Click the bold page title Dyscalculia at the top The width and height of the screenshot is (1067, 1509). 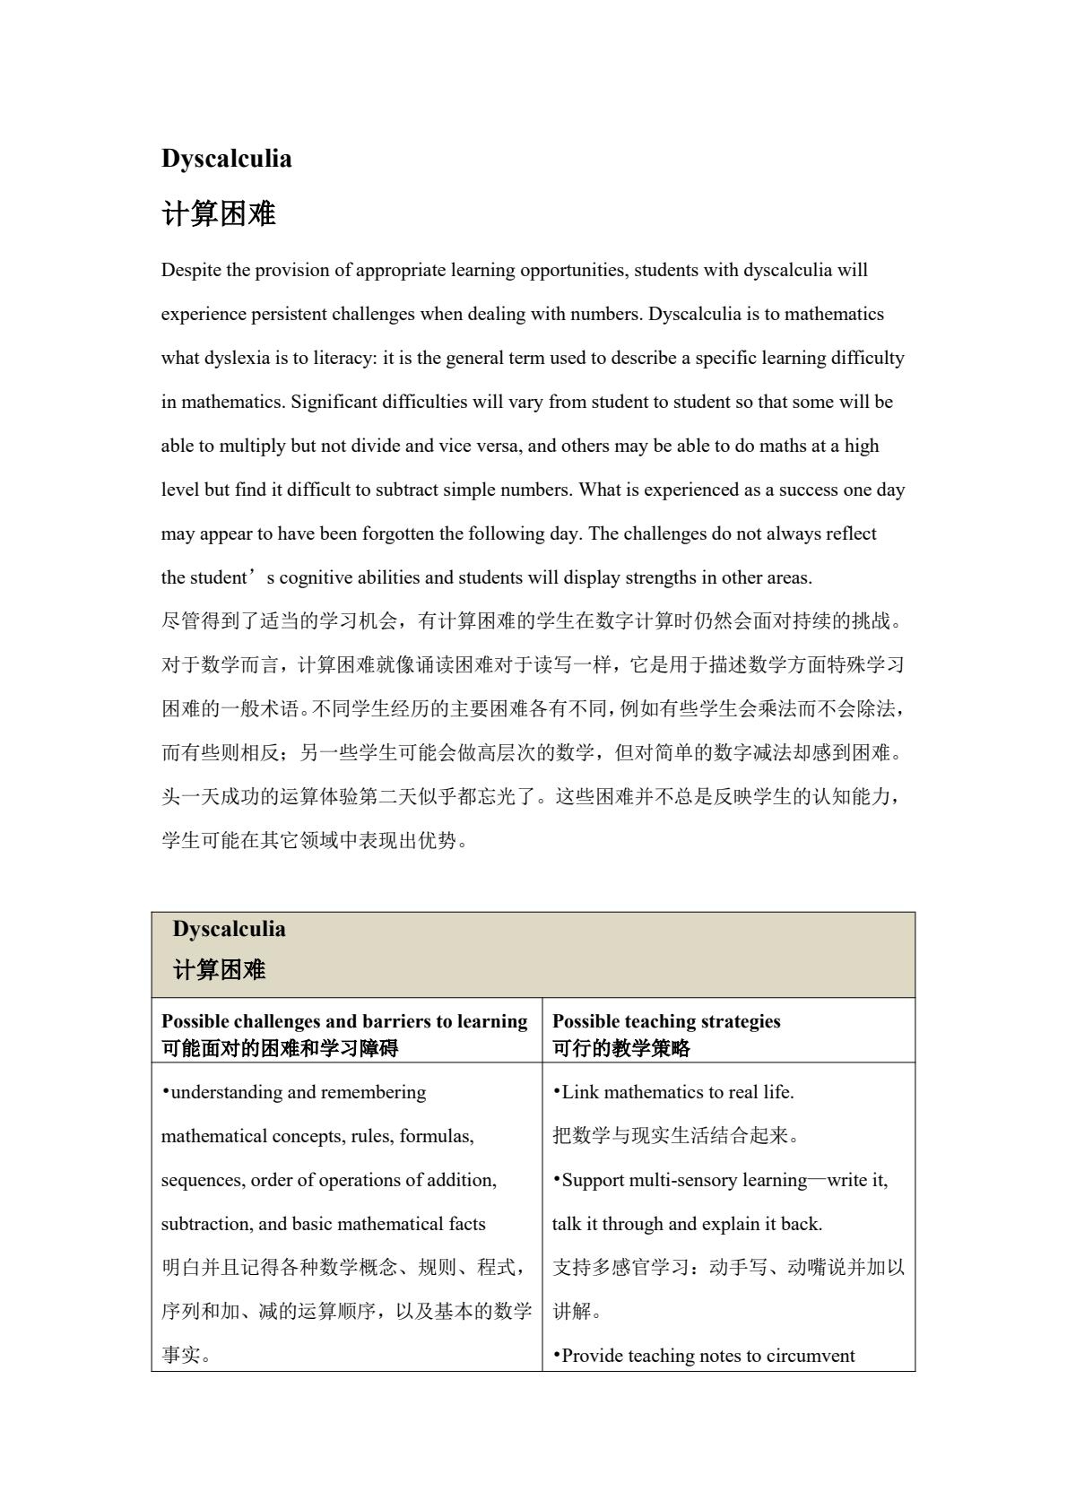pos(226,159)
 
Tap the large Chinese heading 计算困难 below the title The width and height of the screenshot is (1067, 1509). pos(218,214)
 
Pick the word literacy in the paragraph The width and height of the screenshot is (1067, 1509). pos(344,358)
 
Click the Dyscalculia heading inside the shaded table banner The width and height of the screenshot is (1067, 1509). pos(229,929)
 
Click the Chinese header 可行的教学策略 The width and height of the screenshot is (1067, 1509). pos(621,1047)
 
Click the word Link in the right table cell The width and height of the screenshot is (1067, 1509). pos(577,1092)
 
